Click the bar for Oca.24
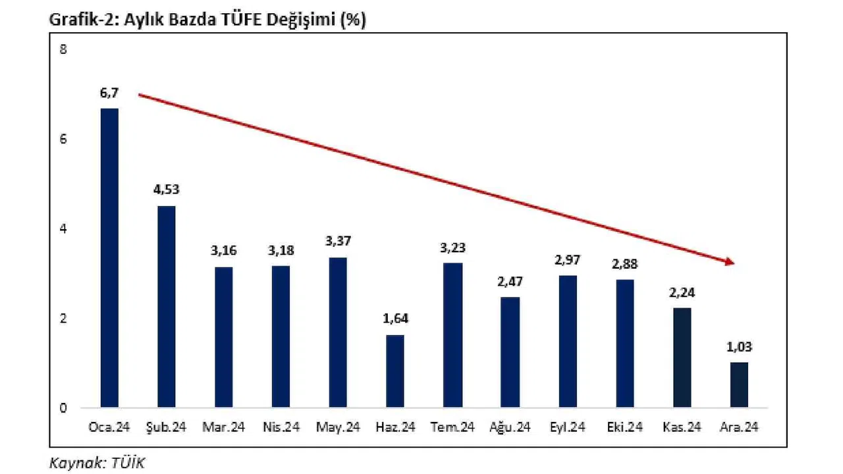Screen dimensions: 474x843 109,257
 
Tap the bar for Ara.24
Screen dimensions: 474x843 739,384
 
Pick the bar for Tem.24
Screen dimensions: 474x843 452,335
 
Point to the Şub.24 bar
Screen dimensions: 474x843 166,306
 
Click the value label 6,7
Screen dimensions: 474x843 109,94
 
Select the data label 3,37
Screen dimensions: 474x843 337,242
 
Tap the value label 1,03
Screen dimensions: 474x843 739,347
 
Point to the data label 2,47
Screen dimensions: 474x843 510,282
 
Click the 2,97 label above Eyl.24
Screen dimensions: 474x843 567,260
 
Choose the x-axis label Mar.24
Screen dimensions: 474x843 223,428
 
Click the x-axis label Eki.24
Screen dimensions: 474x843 624,428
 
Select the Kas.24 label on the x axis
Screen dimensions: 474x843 682,428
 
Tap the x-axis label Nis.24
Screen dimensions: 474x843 281,428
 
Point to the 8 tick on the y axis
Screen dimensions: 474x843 63,50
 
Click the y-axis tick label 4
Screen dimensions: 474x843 63,229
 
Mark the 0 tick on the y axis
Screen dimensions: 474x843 63,408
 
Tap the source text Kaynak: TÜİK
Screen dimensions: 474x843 97,462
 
